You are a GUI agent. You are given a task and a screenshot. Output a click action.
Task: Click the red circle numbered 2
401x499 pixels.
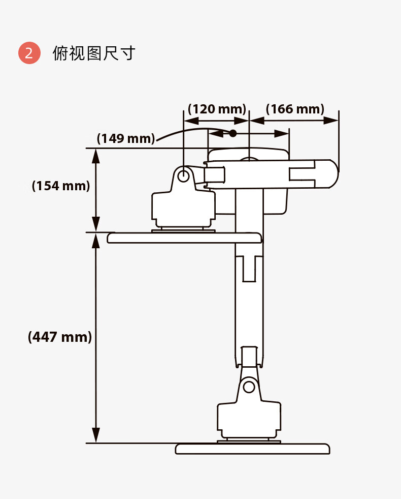click(29, 53)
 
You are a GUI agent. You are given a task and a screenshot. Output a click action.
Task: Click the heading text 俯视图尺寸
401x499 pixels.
click(94, 53)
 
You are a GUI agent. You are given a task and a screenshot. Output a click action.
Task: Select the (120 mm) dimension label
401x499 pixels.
click(217, 109)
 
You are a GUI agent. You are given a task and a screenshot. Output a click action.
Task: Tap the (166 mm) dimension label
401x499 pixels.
click(295, 109)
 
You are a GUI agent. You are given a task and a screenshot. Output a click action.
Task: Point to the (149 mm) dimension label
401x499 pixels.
click(126, 138)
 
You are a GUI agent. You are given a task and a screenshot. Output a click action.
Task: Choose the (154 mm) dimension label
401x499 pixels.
click(60, 186)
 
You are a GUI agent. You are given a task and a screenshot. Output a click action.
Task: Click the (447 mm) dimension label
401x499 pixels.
click(60, 337)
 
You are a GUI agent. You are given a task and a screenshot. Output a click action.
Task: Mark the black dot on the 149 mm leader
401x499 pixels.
click(232, 133)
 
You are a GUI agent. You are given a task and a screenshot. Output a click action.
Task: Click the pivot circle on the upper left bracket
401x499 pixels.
click(183, 175)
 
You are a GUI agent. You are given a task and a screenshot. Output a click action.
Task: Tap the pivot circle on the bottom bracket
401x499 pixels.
click(249, 387)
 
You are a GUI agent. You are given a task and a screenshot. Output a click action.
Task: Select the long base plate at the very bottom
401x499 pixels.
click(252, 449)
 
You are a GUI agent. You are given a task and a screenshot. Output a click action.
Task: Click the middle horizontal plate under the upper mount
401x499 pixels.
click(184, 238)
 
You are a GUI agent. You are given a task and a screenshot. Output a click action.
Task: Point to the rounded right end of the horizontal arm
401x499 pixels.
click(333, 174)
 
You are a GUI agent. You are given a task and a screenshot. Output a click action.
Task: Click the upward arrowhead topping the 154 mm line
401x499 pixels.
click(96, 156)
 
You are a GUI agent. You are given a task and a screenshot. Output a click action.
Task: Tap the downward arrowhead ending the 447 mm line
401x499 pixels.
click(96, 435)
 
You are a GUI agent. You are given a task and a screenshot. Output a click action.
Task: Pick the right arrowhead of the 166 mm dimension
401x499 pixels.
click(331, 121)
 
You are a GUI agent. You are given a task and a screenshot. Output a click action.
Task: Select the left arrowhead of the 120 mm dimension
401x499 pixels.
click(191, 121)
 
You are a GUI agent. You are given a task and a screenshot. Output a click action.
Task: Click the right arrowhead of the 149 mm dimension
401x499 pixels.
click(281, 133)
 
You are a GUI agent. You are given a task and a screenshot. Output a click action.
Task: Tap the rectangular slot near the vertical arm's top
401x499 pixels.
click(249, 268)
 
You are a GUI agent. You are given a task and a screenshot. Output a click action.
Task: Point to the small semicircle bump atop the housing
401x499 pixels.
click(249, 159)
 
